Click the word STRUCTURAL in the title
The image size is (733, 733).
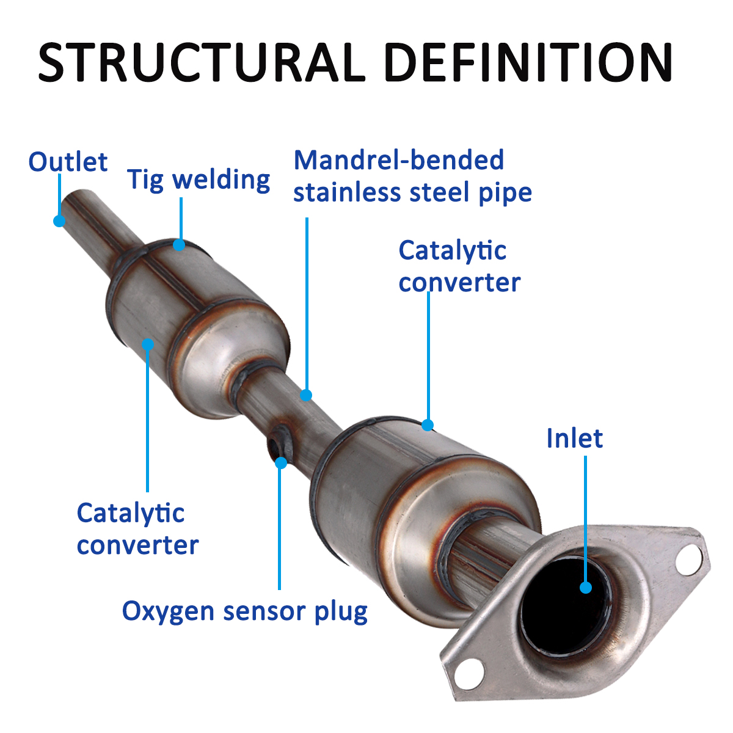(x=202, y=62)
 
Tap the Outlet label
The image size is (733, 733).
(x=68, y=162)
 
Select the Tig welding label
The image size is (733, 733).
(x=199, y=180)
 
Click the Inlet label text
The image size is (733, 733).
(x=574, y=439)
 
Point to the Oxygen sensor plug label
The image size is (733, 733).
(x=244, y=611)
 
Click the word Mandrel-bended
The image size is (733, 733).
(x=399, y=161)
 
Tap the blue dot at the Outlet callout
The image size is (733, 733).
(x=59, y=221)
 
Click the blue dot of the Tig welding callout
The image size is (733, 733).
(x=179, y=245)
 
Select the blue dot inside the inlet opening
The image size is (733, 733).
(x=586, y=588)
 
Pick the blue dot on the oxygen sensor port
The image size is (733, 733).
(x=281, y=462)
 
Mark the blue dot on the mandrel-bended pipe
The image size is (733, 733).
(x=307, y=395)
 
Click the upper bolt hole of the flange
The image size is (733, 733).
(x=690, y=558)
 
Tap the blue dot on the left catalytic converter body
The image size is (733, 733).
(x=148, y=345)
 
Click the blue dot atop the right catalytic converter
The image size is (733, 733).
(x=428, y=425)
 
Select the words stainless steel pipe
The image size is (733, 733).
(x=412, y=193)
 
